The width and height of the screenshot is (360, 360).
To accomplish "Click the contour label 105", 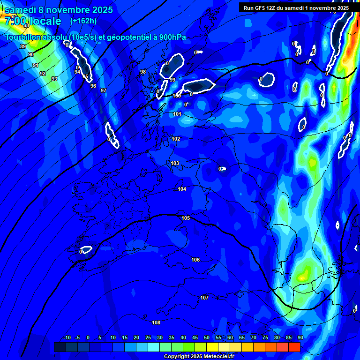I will pyautogui.click(x=186, y=218).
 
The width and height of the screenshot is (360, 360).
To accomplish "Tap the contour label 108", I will pyautogui.click(x=156, y=322).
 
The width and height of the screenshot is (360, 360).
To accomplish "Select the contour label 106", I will pyautogui.click(x=195, y=260).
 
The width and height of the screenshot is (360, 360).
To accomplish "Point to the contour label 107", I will pyautogui.click(x=204, y=298).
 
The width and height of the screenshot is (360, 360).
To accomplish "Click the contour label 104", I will pyautogui.click(x=182, y=189).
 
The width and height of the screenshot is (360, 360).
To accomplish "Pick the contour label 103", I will pyautogui.click(x=175, y=163).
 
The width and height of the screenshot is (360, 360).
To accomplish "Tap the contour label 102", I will pyautogui.click(x=176, y=139).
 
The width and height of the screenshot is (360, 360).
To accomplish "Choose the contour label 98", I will pyautogui.click(x=143, y=72).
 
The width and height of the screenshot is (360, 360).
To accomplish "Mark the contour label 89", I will pyautogui.click(x=23, y=46).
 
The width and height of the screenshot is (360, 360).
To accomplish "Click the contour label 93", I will pyautogui.click(x=54, y=79).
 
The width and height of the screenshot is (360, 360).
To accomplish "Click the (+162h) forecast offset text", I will pyautogui.click(x=83, y=21).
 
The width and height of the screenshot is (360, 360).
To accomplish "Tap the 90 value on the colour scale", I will pyautogui.click(x=300, y=337).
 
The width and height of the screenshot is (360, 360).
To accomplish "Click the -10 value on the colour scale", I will pyautogui.click(x=66, y=337).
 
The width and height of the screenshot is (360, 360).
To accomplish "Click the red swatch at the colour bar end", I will pyautogui.click(x=294, y=347).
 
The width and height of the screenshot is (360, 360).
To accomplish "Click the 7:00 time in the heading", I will pyautogui.click(x=16, y=21).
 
